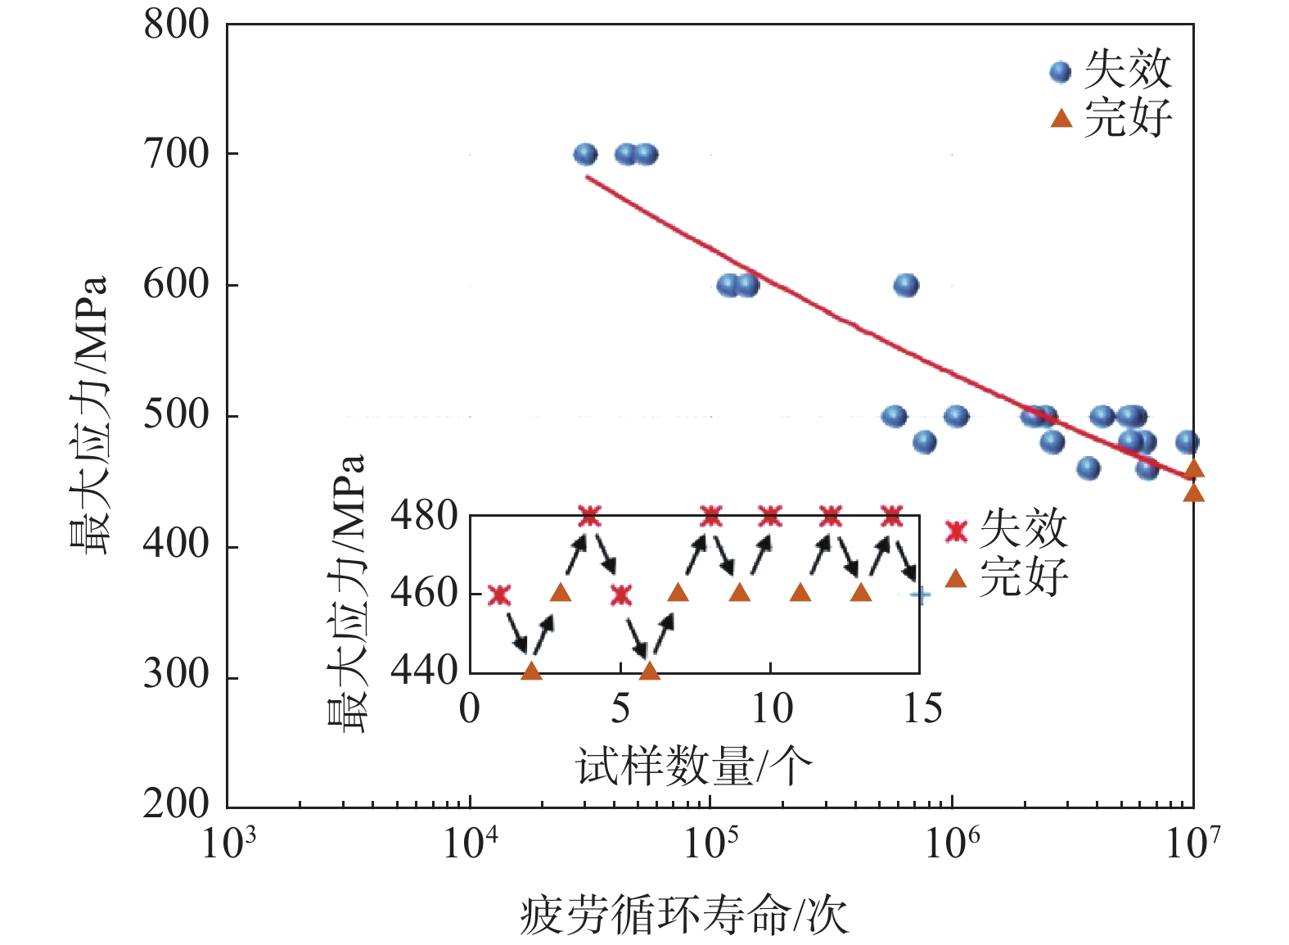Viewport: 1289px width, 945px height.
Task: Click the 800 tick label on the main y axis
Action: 177,25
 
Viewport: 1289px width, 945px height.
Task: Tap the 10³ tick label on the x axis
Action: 228,842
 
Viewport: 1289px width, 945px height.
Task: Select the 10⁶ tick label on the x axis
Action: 952,842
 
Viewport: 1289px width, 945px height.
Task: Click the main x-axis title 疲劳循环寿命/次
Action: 684,915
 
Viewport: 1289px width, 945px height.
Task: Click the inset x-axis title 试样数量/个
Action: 694,766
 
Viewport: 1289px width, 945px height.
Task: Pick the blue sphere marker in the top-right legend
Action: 1060,72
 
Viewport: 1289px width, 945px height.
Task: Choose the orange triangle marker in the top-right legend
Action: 1061,119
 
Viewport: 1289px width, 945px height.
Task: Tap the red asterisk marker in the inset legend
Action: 956,531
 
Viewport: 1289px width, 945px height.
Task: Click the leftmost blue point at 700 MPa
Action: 585,154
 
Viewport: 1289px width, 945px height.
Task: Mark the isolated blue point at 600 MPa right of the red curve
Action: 906,285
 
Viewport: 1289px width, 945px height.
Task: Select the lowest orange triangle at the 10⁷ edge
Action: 1193,492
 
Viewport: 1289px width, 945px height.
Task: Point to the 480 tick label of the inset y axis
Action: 423,516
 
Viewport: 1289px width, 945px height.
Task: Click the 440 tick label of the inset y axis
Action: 423,671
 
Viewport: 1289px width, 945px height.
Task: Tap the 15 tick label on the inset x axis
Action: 922,708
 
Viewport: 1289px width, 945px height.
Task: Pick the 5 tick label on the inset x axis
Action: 620,708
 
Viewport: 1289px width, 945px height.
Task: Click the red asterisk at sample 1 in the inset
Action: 499,595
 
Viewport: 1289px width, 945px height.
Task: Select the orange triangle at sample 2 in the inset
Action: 531,671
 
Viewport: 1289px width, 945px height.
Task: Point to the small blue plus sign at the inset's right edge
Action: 921,595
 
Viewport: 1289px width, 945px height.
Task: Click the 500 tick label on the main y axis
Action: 177,415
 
